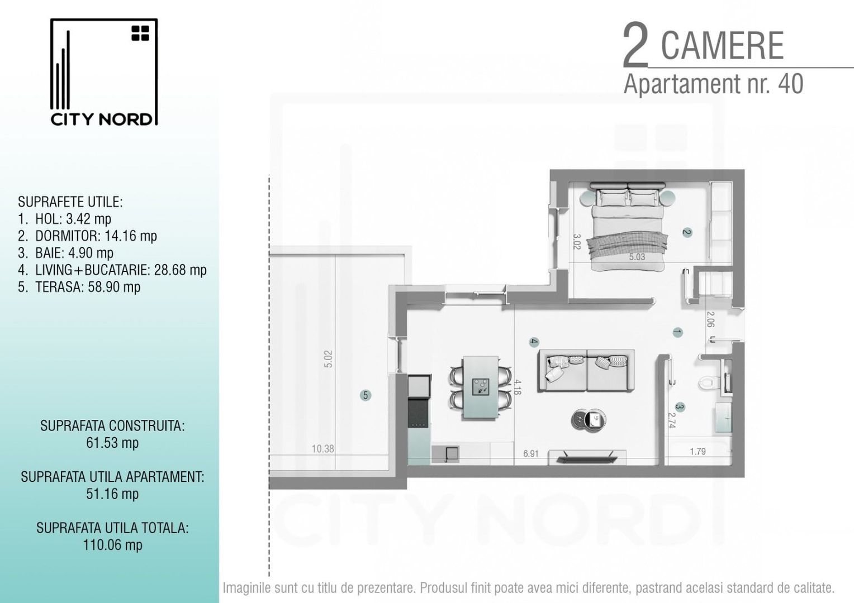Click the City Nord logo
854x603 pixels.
104,72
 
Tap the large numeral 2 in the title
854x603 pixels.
635,46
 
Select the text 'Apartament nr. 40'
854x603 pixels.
713,84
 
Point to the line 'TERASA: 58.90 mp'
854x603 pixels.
79,287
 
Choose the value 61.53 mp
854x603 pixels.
112,443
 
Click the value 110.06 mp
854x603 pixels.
112,545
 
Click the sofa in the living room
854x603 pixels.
586,370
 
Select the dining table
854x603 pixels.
480,387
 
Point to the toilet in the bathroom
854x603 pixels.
708,382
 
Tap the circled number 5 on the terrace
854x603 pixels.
366,395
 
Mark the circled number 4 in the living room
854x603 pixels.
534,342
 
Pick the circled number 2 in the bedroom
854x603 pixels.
687,232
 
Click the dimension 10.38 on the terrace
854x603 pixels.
323,448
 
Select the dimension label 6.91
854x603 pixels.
530,453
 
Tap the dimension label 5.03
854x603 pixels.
637,257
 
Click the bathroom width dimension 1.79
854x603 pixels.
698,451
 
